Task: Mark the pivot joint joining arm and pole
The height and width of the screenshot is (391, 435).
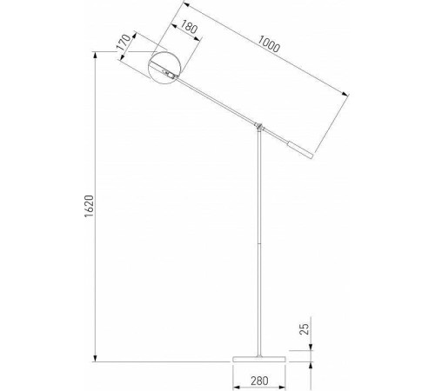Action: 258,127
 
